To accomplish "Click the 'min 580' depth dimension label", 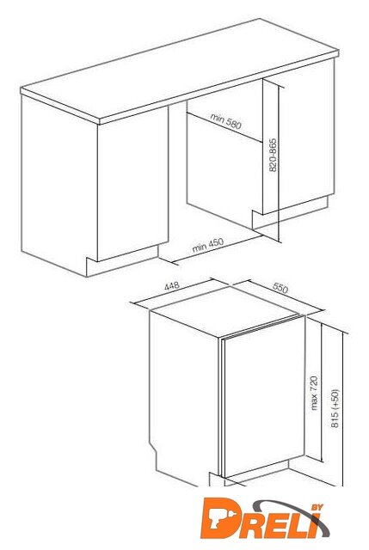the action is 226,120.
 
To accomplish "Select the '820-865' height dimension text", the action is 273,156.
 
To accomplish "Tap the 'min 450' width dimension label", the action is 208,245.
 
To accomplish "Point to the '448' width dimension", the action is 172,286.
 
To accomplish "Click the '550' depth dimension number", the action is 280,288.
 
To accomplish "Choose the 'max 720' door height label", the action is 314,393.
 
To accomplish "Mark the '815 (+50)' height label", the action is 335,408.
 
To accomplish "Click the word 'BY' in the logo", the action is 317,507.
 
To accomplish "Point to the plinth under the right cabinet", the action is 290,212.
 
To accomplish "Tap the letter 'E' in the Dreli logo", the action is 275,524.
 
